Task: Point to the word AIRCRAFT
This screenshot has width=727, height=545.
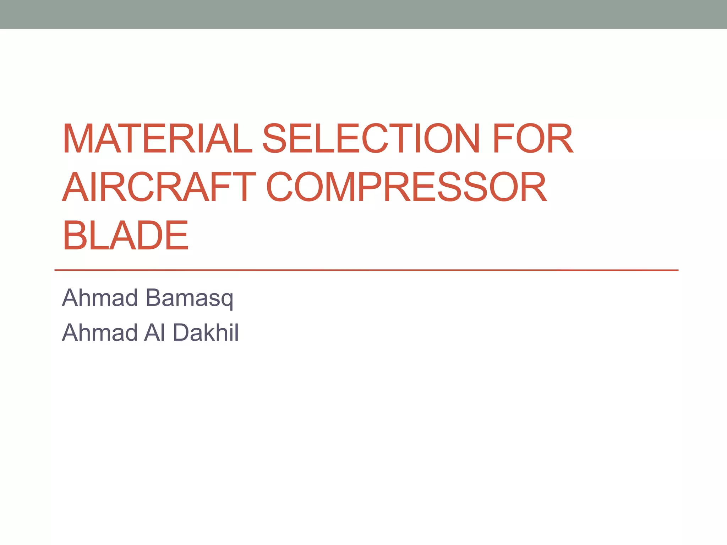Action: pyautogui.click(x=159, y=187)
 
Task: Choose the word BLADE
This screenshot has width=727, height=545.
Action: pyautogui.click(x=125, y=235)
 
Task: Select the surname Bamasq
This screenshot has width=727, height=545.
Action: pyautogui.click(x=190, y=298)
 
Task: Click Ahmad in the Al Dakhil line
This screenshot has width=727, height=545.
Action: pyautogui.click(x=100, y=332)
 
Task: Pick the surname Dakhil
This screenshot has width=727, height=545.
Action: pyautogui.click(x=206, y=332)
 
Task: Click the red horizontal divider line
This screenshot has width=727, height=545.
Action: pyautogui.click(x=366, y=270)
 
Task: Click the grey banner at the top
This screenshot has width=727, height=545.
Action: pyautogui.click(x=363, y=14)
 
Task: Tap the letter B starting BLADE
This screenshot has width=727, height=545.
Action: pyautogui.click(x=74, y=235)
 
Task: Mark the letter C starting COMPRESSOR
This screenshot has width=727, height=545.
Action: pyautogui.click(x=279, y=187)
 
